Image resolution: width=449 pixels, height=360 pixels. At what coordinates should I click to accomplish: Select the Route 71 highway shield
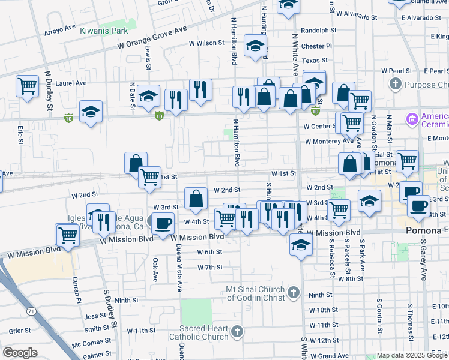point(31,311)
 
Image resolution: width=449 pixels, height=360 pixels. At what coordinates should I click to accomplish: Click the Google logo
point(20,352)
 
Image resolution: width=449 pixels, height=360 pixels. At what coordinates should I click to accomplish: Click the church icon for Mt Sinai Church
point(293,292)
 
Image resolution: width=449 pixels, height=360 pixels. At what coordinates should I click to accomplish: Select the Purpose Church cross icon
point(395,85)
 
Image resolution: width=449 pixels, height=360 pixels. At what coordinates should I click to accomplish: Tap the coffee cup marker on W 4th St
point(162,223)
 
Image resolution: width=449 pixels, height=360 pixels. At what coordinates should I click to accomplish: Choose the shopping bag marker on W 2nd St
point(196,198)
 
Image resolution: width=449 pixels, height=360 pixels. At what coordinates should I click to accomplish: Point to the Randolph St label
point(318,30)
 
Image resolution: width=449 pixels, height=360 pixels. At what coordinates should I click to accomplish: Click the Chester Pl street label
point(316,46)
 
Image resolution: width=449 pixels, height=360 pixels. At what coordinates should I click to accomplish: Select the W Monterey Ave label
point(328,142)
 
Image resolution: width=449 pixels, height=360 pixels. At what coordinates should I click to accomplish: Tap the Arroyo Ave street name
point(61,27)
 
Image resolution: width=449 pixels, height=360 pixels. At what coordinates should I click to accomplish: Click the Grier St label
point(20,331)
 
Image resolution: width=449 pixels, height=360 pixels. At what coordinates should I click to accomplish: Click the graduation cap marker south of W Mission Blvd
point(301,244)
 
